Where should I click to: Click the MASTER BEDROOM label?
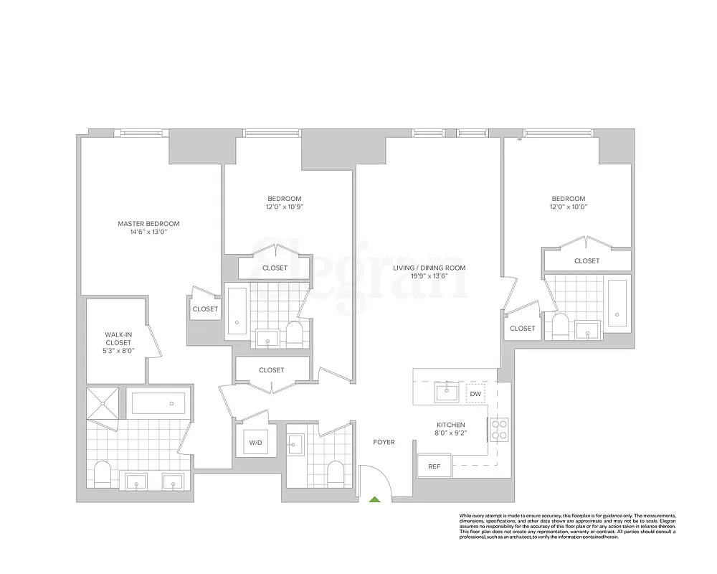pos(148,224)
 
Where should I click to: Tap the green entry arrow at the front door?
pos(373,499)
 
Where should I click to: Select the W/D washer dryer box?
pos(255,442)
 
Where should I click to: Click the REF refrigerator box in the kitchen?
pos(434,466)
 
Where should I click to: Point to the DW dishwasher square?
pos(475,394)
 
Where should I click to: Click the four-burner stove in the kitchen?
pos(499,428)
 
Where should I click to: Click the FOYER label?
pos(384,442)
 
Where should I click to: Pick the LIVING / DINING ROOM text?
pos(429,268)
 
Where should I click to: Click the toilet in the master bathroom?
pos(103,474)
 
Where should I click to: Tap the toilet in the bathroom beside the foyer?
pos(335,473)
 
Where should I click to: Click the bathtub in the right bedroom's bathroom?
pos(617,299)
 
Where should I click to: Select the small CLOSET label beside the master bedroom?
pos(205,309)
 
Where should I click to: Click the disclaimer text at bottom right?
pos(566,527)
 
